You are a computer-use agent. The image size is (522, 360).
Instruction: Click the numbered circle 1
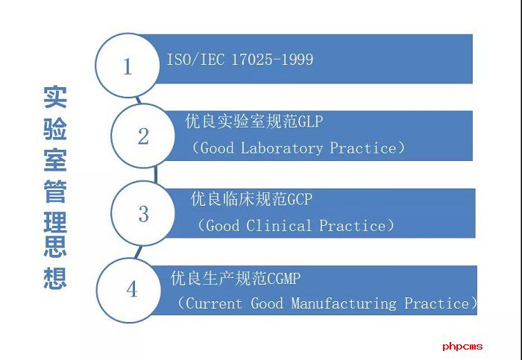coord(127,66)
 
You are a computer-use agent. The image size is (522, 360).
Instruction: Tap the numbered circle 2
coord(143,136)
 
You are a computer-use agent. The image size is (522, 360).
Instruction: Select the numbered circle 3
coord(143,214)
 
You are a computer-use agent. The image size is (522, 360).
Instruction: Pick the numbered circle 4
coord(132,289)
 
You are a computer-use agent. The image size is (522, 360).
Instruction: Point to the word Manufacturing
coord(343,304)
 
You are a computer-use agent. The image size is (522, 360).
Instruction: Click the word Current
coord(214,304)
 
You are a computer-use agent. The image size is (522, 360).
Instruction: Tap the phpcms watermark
coord(462,346)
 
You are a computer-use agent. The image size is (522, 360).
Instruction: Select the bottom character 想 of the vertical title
coord(54,277)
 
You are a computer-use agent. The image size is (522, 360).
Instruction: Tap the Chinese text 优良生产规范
coord(213,279)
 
